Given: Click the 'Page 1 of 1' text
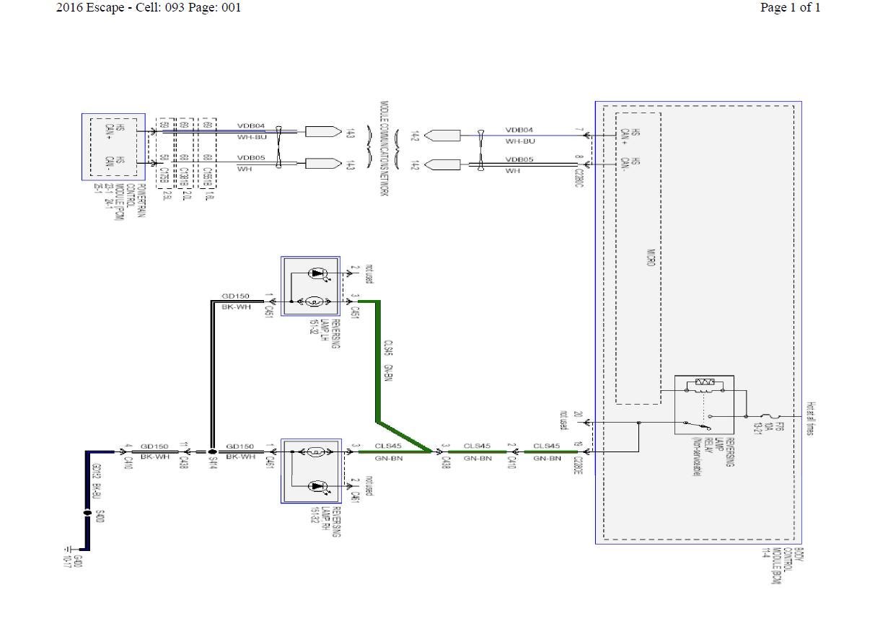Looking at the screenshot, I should coord(790,8).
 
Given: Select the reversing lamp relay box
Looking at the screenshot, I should coord(704,405).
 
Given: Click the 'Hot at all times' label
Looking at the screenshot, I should coord(811,418).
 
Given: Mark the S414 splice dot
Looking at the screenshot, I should coord(212,452).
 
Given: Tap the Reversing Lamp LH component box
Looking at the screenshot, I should coord(310,286).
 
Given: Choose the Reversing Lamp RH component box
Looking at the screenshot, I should coord(310,470).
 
